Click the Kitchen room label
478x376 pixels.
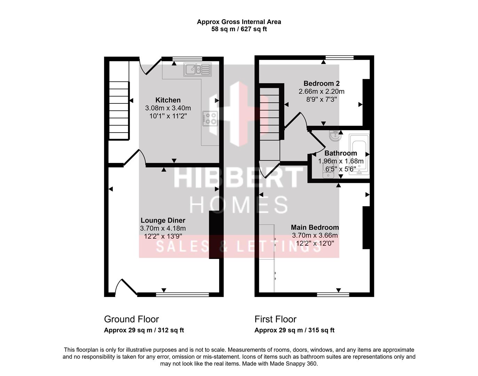(168, 100)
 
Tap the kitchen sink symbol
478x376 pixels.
(198, 69)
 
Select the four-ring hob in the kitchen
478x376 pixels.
(210, 118)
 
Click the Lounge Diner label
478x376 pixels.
(163, 220)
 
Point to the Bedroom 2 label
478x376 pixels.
(321, 84)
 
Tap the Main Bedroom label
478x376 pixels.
(315, 227)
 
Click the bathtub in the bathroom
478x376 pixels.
(359, 154)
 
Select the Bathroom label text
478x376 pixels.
(341, 153)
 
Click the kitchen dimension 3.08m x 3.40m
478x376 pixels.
(168, 108)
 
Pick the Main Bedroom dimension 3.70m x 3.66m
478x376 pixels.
(315, 235)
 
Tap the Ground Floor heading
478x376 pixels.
(131, 319)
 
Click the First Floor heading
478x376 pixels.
(276, 319)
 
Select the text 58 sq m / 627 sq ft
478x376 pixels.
(239, 29)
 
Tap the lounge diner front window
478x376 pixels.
(182, 295)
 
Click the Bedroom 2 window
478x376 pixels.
(340, 57)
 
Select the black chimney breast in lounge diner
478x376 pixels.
(214, 234)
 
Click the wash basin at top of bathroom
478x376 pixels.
(335, 135)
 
